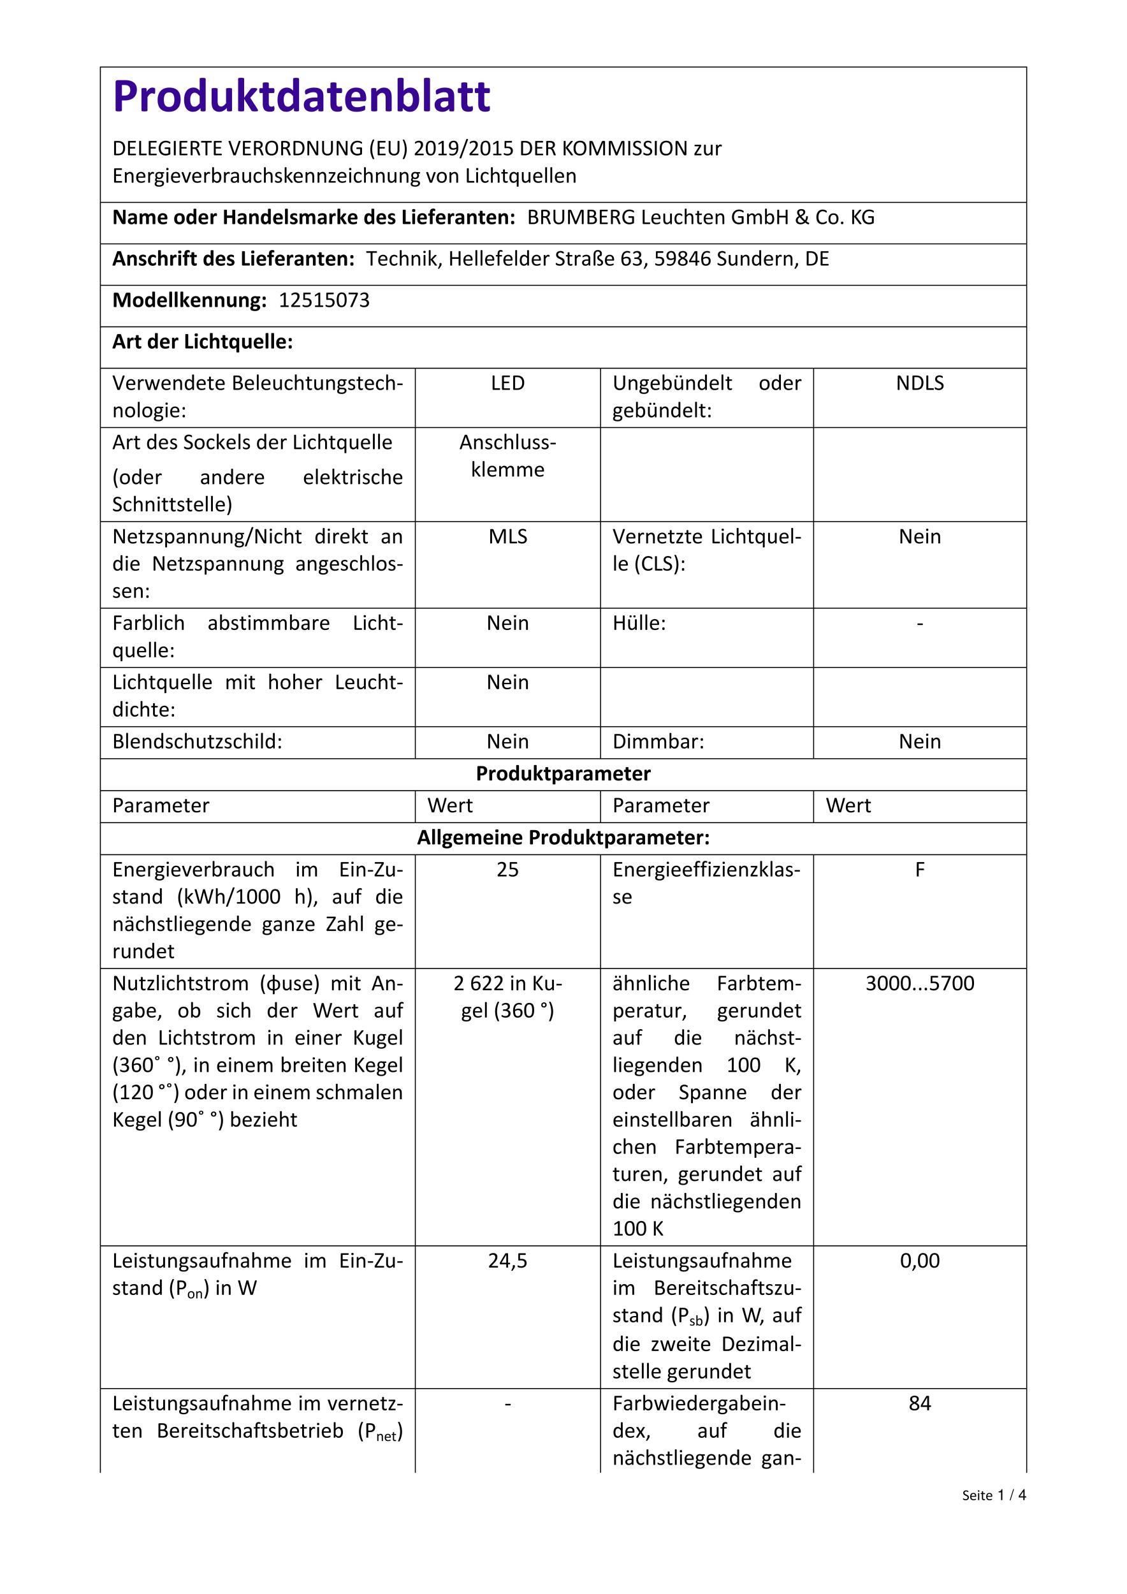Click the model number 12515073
[324, 300]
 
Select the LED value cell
[507, 383]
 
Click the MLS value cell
[507, 537]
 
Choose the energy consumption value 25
[507, 870]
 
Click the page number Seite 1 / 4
[994, 1495]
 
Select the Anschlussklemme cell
[507, 456]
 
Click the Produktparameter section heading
[563, 773]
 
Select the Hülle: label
[639, 624]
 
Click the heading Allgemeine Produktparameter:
[563, 838]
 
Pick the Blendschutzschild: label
[197, 742]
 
